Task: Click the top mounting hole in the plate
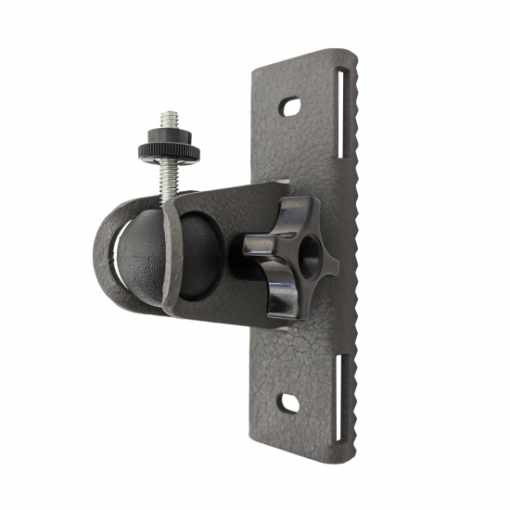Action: coord(291,106)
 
